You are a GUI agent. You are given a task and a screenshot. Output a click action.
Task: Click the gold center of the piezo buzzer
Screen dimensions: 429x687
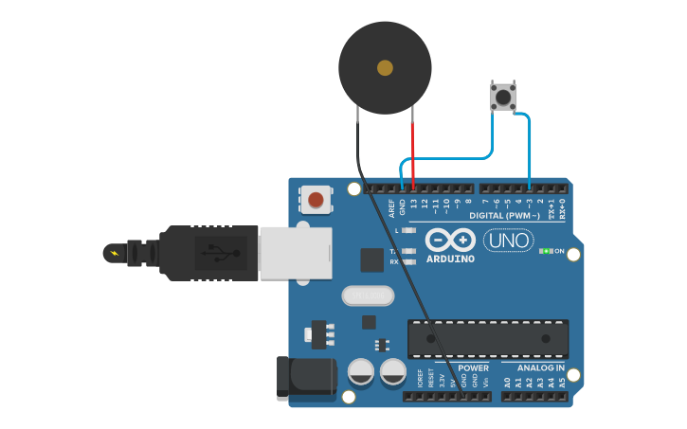point(385,67)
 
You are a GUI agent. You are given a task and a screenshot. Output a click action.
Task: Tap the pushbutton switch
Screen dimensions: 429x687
point(502,97)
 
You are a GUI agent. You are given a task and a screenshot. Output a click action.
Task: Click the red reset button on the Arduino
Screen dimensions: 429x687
point(316,200)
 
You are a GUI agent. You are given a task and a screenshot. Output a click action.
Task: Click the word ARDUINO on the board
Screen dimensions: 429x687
point(450,259)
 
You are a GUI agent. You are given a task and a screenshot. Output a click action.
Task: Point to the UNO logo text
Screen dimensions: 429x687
point(509,241)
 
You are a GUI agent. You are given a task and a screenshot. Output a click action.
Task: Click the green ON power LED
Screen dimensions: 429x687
point(546,251)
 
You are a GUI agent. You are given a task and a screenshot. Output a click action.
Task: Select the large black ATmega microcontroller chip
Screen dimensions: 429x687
point(488,339)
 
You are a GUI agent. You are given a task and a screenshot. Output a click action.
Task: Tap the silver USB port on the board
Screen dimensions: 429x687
point(295,253)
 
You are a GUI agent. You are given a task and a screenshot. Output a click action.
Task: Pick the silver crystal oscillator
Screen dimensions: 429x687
point(367,296)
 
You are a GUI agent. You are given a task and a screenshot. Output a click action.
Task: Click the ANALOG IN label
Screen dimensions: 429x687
point(540,367)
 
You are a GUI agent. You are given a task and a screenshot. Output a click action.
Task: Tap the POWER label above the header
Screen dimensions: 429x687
point(473,367)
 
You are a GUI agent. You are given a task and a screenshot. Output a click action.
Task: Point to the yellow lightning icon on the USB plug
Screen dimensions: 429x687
point(115,253)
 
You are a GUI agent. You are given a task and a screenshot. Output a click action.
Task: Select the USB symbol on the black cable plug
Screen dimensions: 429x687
point(220,253)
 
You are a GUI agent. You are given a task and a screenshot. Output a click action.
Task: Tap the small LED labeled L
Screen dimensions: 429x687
point(408,230)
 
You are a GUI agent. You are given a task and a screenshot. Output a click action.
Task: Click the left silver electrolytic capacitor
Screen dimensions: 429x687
point(360,371)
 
